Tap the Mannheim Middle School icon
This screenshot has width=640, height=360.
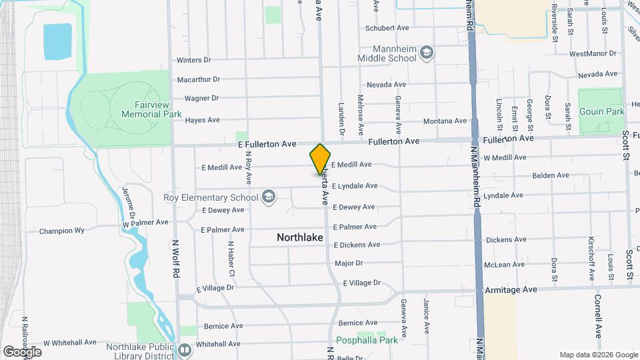(427, 52)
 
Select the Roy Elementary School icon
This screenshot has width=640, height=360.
(268, 196)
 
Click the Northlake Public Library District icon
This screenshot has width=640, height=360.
(185, 349)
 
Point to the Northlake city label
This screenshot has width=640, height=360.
(300, 237)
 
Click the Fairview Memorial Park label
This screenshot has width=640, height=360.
(151, 109)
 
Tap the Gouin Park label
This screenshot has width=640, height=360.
(602, 111)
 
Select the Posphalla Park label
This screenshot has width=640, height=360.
(368, 340)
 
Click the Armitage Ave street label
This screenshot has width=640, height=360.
(511, 290)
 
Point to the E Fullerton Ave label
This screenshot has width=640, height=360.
(266, 144)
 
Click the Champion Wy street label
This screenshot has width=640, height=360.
(61, 231)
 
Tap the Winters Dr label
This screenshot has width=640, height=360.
(193, 60)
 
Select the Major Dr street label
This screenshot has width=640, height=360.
(349, 263)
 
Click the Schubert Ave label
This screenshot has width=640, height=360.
(386, 28)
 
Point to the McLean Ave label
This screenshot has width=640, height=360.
(505, 265)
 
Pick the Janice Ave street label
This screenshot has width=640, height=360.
(425, 316)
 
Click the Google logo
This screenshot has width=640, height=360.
(22, 351)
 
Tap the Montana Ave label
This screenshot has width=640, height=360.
(445, 121)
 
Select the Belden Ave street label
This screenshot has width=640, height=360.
(550, 175)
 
